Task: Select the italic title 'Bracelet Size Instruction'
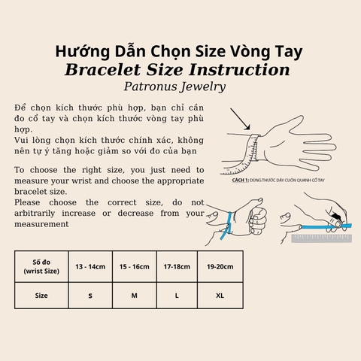point(179,70)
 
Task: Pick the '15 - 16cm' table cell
point(134,265)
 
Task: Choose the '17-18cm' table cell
point(177,265)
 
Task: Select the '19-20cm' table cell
point(220,265)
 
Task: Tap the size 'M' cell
point(134,296)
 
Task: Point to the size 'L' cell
point(177,296)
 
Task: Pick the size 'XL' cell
point(220,296)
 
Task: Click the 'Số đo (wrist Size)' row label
point(41,265)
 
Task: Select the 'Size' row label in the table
point(41,296)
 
